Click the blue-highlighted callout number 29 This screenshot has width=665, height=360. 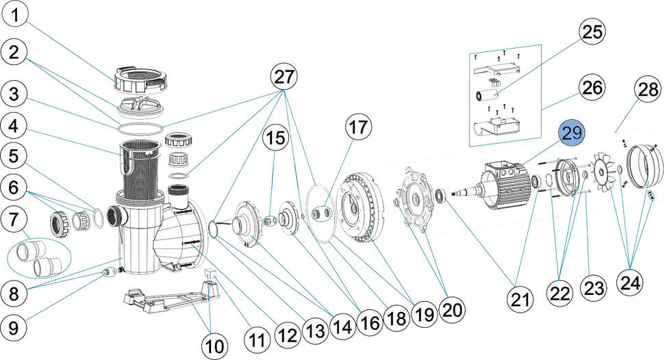pyautogui.click(x=573, y=134)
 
